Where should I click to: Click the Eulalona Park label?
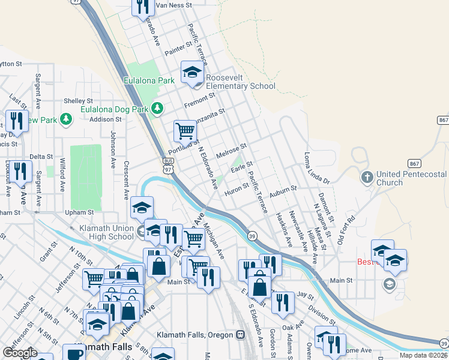[x=148, y=80]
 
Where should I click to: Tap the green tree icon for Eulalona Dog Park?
[x=158, y=108]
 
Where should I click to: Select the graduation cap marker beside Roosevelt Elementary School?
[x=192, y=73]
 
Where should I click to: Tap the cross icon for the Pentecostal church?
[x=367, y=178]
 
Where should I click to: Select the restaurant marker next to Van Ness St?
[x=142, y=7]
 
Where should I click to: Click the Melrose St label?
[x=231, y=150]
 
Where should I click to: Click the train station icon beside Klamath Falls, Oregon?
[x=241, y=334]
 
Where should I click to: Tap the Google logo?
[x=20, y=353]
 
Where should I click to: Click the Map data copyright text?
[x=423, y=355]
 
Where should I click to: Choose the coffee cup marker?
[x=74, y=353]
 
